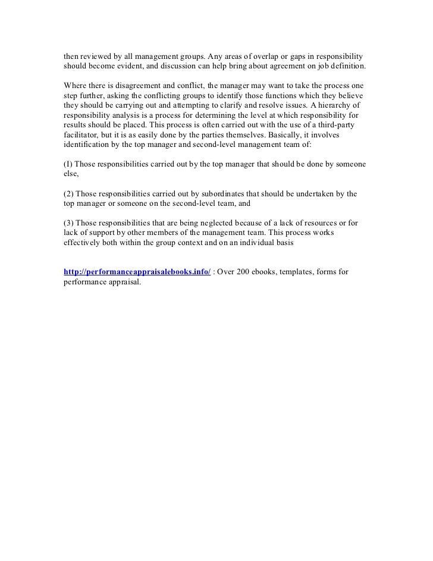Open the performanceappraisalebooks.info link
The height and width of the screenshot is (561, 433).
[137, 272]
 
